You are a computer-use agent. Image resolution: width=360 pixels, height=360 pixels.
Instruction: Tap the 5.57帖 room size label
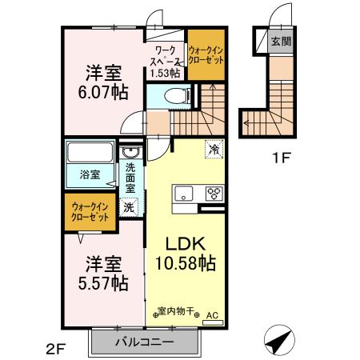(x=103, y=282)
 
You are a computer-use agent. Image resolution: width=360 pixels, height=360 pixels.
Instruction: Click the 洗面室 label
(x=130, y=178)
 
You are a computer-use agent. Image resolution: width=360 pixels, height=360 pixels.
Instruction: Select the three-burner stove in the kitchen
(x=214, y=192)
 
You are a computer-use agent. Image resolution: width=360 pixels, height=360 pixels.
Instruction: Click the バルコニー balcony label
(x=144, y=341)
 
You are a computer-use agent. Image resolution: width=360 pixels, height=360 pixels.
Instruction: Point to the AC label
(x=212, y=316)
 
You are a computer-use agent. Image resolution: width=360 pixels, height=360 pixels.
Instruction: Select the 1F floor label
(x=280, y=159)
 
